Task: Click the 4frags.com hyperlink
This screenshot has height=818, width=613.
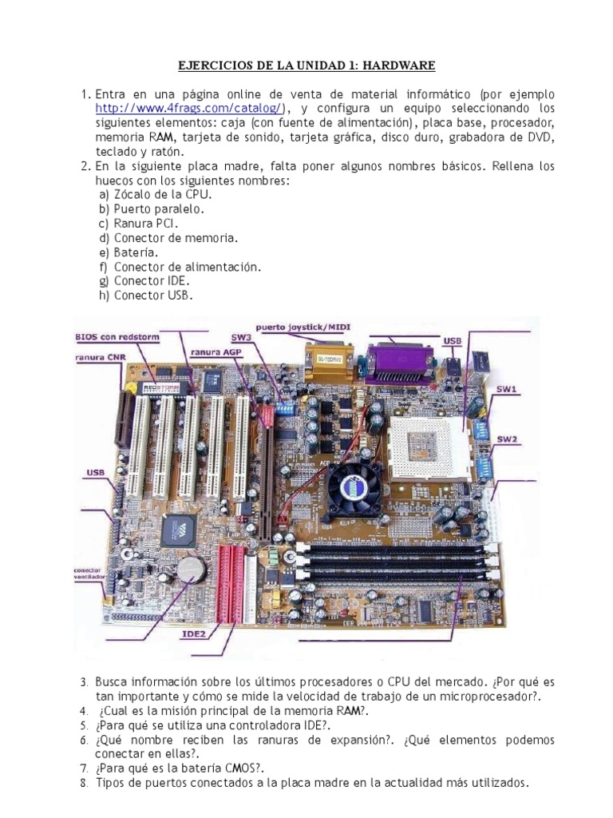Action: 189,109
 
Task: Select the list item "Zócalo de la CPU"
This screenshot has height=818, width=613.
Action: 164,195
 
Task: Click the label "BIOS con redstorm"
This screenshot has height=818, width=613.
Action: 117,339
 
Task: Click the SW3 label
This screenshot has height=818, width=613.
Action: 264,339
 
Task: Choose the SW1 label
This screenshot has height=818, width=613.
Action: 507,391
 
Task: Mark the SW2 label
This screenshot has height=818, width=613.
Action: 508,439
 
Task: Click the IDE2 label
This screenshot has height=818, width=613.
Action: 194,634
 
